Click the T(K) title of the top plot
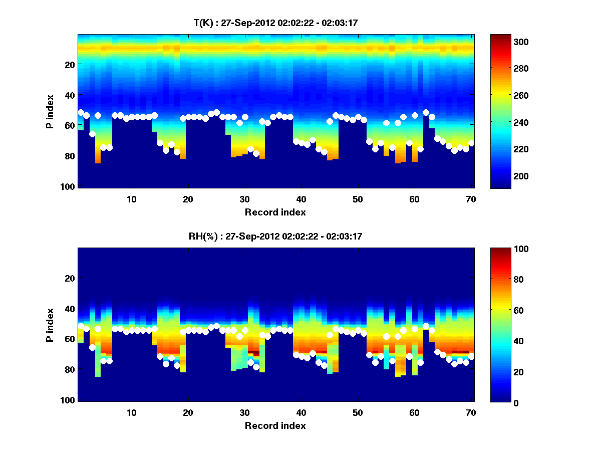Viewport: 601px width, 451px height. (x=275, y=23)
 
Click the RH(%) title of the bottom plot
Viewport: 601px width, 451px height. (x=275, y=237)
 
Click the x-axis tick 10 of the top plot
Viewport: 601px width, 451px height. (x=131, y=199)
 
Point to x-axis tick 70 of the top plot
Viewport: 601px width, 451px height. (x=471, y=199)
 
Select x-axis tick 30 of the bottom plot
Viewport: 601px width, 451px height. (x=244, y=412)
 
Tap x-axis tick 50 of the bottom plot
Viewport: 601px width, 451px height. (x=358, y=412)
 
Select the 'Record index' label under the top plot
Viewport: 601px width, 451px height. (x=275, y=212)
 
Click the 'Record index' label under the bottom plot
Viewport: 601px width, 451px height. (x=275, y=425)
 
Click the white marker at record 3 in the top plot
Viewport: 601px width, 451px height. (x=92, y=134)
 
